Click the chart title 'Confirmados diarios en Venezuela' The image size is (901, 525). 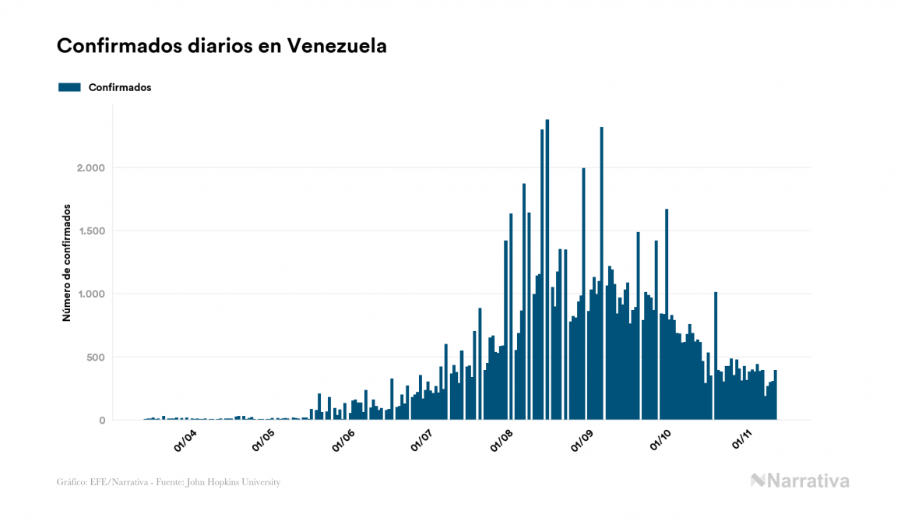[x=222, y=46]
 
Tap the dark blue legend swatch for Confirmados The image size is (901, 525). [x=70, y=87]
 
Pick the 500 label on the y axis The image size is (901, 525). [x=95, y=358]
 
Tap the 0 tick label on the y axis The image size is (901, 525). [x=101, y=421]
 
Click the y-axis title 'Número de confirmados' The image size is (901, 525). [x=67, y=263]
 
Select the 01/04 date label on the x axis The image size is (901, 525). [x=186, y=442]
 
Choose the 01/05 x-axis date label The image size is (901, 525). [x=265, y=442]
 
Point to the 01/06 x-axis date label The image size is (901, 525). [x=343, y=442]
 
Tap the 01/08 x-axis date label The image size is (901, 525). [x=502, y=442]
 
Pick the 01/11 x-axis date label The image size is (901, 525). [x=742, y=442]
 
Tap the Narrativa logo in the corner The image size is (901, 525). [x=800, y=481]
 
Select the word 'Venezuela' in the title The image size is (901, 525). [x=337, y=46]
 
